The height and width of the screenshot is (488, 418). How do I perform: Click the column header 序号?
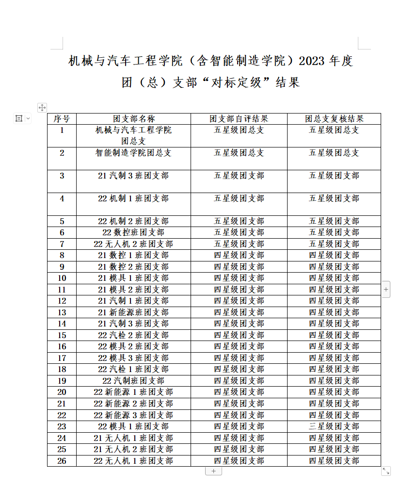[x=62, y=119]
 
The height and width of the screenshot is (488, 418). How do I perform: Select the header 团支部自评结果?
[x=239, y=119]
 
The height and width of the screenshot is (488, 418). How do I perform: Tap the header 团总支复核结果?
[x=334, y=119]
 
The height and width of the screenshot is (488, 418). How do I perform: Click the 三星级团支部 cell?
[x=334, y=426]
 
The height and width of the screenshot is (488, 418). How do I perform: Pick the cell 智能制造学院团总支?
[x=133, y=153]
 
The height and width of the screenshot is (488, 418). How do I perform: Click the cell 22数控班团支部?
[x=133, y=232]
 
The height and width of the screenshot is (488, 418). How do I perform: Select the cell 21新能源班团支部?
[x=133, y=312]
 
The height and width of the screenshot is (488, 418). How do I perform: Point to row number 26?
[x=62, y=461]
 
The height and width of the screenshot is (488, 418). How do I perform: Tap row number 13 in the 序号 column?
[x=62, y=312]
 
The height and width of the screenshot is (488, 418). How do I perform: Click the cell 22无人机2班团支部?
[x=133, y=244]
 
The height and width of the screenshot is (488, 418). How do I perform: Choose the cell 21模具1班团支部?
[x=133, y=278]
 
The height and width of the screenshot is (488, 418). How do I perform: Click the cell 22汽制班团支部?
[x=133, y=381]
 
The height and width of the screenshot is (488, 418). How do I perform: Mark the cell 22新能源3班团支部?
[x=133, y=415]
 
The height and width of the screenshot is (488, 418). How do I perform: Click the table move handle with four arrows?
[x=42, y=107]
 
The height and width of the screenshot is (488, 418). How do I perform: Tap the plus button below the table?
[x=213, y=471]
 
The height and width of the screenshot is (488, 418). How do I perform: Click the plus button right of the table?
[x=386, y=290]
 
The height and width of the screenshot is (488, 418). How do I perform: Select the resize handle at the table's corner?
[x=386, y=471]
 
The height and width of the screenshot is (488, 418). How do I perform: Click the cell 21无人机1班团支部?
[x=133, y=438]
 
